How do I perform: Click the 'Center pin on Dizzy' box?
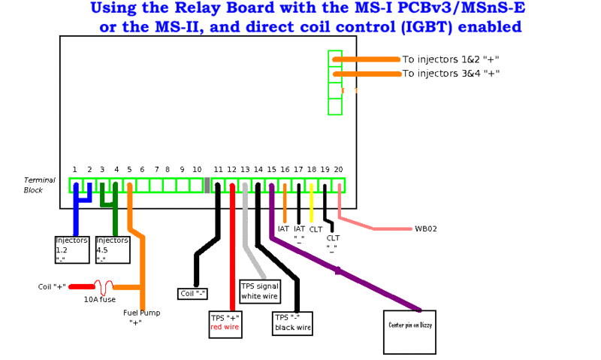(410, 331)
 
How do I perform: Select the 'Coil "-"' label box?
(193, 293)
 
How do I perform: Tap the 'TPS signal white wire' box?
(258, 291)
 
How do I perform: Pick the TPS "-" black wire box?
(292, 322)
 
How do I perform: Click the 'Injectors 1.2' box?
(71, 250)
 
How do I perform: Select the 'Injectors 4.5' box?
(112, 250)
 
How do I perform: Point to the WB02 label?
(424, 228)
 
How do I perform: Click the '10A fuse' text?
(99, 299)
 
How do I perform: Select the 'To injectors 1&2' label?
(451, 59)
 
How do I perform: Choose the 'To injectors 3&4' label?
(451, 74)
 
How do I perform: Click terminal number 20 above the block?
(338, 170)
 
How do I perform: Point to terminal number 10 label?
(197, 170)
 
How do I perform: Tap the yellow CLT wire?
(312, 203)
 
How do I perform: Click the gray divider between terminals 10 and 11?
(207, 186)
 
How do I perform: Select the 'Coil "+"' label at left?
(52, 287)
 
